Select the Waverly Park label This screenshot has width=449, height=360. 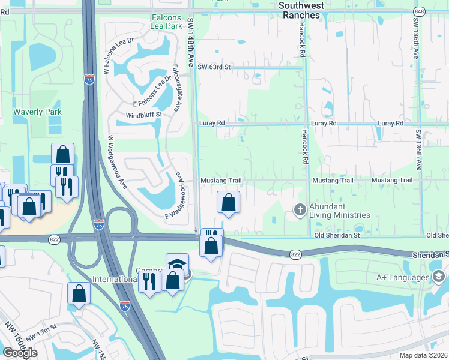(x=38, y=112)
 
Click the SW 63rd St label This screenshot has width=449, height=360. (x=215, y=67)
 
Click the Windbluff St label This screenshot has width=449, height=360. (x=144, y=115)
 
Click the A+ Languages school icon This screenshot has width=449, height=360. (x=438, y=276)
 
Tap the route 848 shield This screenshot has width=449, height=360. (x=419, y=11)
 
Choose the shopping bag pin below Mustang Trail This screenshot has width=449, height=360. (x=228, y=202)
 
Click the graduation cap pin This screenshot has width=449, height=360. (x=178, y=264)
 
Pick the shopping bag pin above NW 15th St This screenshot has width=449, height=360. (x=79, y=293)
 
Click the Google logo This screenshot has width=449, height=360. (x=20, y=353)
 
